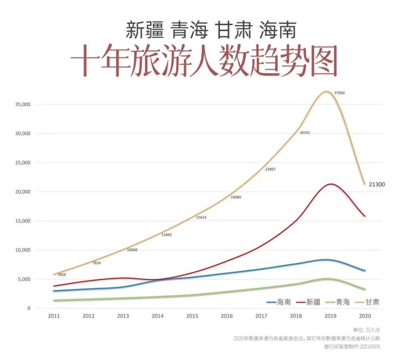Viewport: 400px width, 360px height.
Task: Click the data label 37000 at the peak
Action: point(339,93)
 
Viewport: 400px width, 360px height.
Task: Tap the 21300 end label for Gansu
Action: point(377,184)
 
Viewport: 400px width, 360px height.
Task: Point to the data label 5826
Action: point(62,275)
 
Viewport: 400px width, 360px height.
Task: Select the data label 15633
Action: point(201,218)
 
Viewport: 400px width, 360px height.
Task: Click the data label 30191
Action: point(305,132)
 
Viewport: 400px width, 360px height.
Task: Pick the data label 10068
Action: point(132,250)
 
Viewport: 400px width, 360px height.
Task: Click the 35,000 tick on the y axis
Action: point(22,104)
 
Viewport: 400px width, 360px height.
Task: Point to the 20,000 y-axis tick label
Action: point(22,192)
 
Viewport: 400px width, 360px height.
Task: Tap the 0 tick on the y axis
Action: point(29,308)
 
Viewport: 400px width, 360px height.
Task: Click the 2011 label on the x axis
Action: point(54,316)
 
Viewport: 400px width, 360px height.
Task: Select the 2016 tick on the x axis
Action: point(226,316)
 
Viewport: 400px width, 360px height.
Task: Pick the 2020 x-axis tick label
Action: point(365,316)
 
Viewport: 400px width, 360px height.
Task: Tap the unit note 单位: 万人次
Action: point(366,330)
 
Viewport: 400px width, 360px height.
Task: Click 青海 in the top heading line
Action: point(190,30)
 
